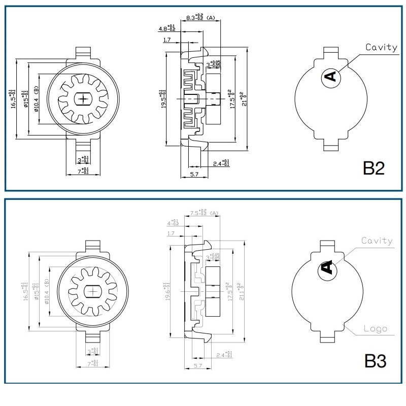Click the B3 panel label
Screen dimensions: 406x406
point(375,361)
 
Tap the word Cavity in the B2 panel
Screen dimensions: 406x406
point(382,47)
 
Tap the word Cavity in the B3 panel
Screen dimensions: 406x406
point(377,241)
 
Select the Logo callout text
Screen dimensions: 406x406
point(376,328)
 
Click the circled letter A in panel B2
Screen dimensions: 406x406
point(330,77)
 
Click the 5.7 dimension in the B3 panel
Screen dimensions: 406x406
point(198,365)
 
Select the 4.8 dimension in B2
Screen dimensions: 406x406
point(167,28)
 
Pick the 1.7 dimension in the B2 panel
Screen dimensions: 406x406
point(166,40)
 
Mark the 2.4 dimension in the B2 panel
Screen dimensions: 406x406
point(221,163)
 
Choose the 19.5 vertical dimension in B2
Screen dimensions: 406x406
point(162,99)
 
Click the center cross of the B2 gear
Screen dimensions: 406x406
point(82,99)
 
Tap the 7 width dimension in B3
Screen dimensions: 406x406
point(93,364)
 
